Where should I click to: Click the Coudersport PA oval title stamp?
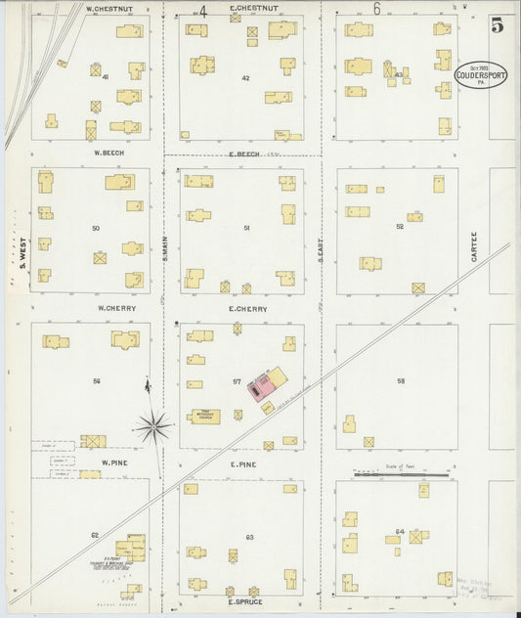(480, 75)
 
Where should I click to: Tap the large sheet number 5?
(498, 26)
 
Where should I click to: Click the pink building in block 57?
(261, 391)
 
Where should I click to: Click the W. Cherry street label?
(115, 308)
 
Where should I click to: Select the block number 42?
(245, 78)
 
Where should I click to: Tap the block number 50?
(96, 228)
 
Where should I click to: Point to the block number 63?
(249, 538)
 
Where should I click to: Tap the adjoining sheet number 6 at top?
(376, 9)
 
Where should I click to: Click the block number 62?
(95, 535)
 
